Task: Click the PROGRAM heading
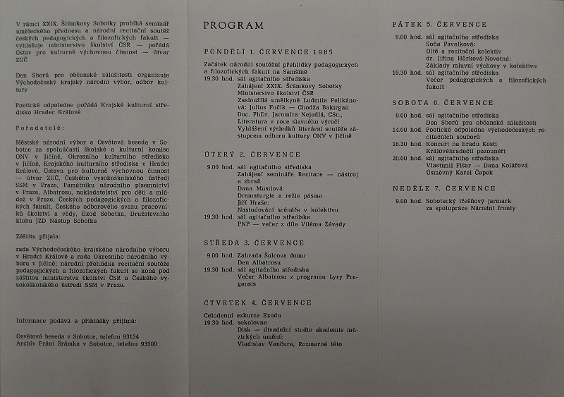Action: click(233, 26)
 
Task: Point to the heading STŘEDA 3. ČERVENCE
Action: click(253, 242)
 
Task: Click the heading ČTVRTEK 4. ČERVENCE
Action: click(257, 303)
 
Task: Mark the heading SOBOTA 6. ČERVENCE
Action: click(443, 102)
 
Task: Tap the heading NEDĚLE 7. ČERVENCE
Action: click(444, 188)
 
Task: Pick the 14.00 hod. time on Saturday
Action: click(405, 130)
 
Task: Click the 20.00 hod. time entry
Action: click(405, 158)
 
